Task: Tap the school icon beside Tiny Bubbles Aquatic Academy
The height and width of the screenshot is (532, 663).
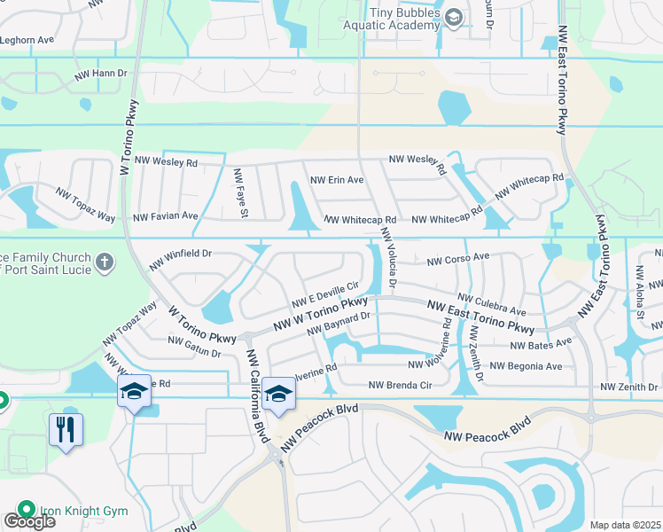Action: [x=454, y=18]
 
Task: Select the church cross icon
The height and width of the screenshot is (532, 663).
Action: [x=105, y=262]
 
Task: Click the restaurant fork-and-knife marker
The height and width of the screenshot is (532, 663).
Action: [x=66, y=430]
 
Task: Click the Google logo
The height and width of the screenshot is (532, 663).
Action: [x=29, y=521]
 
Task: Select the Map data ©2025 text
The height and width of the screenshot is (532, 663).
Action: [x=624, y=525]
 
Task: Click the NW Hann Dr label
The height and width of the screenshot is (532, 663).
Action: [x=101, y=74]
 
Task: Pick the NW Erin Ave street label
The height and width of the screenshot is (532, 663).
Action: [x=337, y=180]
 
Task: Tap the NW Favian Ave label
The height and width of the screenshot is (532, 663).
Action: [x=166, y=215]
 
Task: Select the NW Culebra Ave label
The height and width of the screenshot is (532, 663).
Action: [x=492, y=306]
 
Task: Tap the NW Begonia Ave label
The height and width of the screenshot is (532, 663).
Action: [x=526, y=365]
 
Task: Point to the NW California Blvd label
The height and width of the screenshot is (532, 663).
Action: [x=258, y=384]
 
